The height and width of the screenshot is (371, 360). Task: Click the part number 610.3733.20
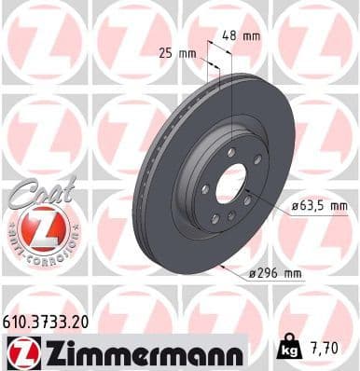49,319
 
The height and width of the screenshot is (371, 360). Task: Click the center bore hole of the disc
230,183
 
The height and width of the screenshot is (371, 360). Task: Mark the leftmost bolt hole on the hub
204,189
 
